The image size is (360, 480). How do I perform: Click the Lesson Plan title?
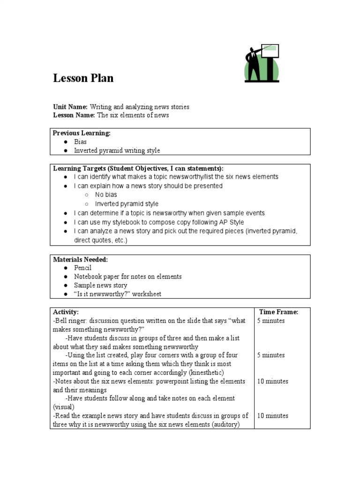point(83,78)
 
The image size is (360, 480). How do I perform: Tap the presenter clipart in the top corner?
point(262,63)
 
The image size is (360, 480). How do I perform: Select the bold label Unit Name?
point(70,107)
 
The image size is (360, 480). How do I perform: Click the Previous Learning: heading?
point(82,133)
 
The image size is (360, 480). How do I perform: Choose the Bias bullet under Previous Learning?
point(80,142)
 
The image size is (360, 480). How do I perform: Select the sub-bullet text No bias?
point(106,195)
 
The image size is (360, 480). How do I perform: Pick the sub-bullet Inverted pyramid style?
point(127,204)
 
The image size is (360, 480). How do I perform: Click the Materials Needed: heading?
point(80,259)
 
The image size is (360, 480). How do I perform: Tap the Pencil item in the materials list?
point(82,268)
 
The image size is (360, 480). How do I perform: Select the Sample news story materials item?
point(100,285)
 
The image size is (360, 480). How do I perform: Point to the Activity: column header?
point(66,312)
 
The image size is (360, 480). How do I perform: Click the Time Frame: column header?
point(278,312)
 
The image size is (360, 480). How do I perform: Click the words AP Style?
point(231,222)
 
